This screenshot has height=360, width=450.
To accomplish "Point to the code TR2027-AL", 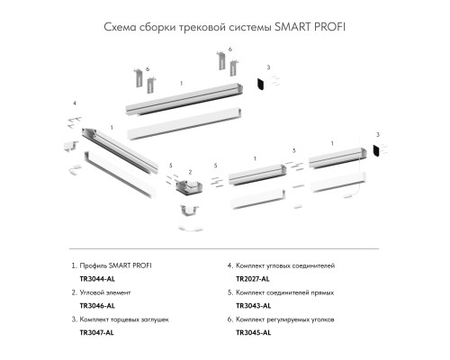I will (253, 279).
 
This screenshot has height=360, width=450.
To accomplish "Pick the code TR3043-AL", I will (253, 306).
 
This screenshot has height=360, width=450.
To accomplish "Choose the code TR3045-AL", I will (253, 333).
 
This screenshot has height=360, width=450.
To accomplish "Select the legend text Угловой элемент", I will (109, 293).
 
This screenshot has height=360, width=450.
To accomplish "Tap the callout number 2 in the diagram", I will (191, 171).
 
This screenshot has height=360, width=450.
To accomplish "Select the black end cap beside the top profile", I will (259, 84).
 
